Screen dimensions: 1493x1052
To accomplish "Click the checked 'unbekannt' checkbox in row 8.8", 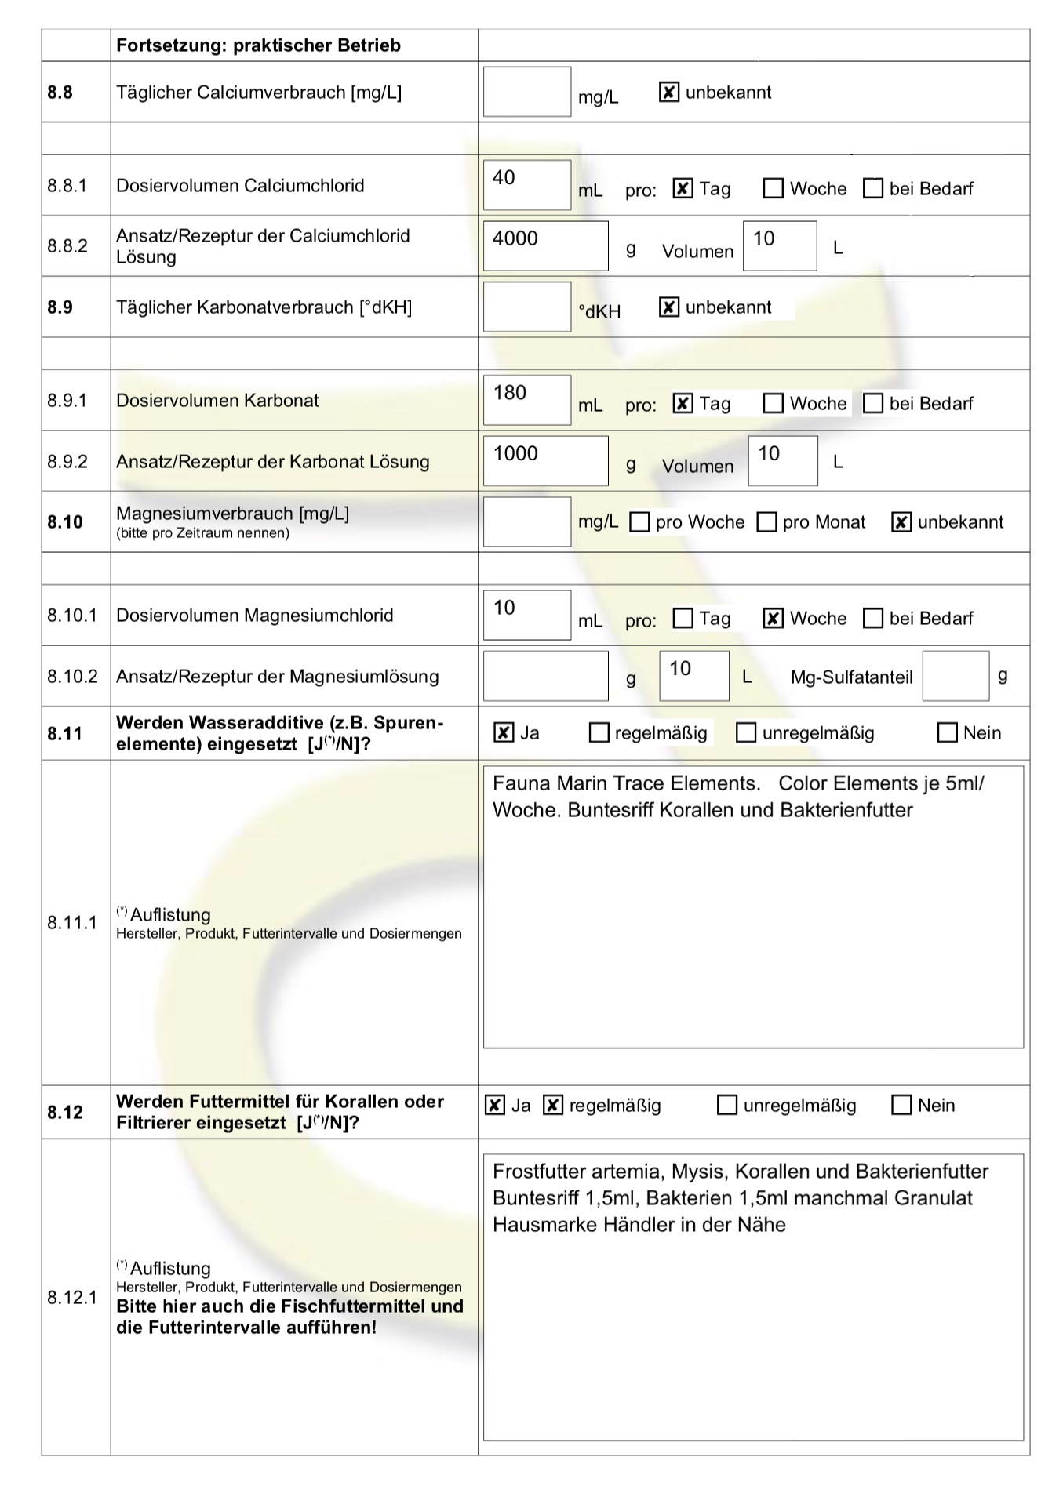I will [668, 93].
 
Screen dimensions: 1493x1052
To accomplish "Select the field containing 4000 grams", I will [545, 246].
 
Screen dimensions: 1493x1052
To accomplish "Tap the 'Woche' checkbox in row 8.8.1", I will [774, 189].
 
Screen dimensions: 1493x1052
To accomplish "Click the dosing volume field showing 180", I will [526, 400].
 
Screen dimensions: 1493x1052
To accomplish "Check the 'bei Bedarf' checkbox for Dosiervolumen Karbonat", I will [872, 404].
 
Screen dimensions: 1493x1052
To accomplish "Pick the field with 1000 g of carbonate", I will [545, 461].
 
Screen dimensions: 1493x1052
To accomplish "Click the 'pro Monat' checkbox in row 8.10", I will [766, 522].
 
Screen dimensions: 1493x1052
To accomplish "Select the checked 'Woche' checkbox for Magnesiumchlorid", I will [774, 619].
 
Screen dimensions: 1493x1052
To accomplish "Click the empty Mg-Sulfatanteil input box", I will [956, 676].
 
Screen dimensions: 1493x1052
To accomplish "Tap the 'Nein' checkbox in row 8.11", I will [948, 733].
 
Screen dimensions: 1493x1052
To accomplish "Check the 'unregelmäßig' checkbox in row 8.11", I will [746, 733].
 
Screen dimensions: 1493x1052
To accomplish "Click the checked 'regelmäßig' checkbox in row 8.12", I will [553, 1106].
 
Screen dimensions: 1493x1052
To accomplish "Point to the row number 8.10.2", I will [72, 676].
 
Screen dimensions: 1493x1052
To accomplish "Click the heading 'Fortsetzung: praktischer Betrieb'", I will [258, 45].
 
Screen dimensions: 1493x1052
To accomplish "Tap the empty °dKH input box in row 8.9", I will [526, 307].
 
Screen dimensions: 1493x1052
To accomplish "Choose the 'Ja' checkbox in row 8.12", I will [494, 1106].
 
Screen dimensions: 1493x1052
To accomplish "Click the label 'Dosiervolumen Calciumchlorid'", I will [240, 186].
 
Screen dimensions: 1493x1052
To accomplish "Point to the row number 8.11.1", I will [72, 922].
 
